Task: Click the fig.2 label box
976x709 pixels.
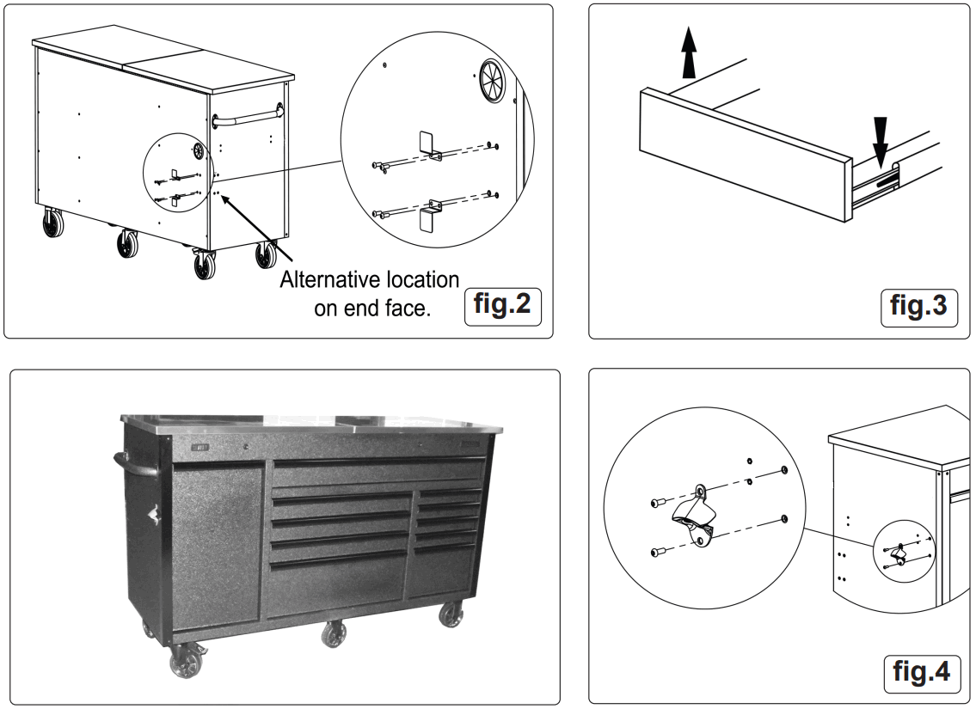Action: click(x=503, y=307)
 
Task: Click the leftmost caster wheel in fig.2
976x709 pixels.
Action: click(x=53, y=224)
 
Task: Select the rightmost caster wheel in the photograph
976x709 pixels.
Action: click(x=450, y=616)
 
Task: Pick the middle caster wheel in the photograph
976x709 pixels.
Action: click(x=334, y=636)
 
